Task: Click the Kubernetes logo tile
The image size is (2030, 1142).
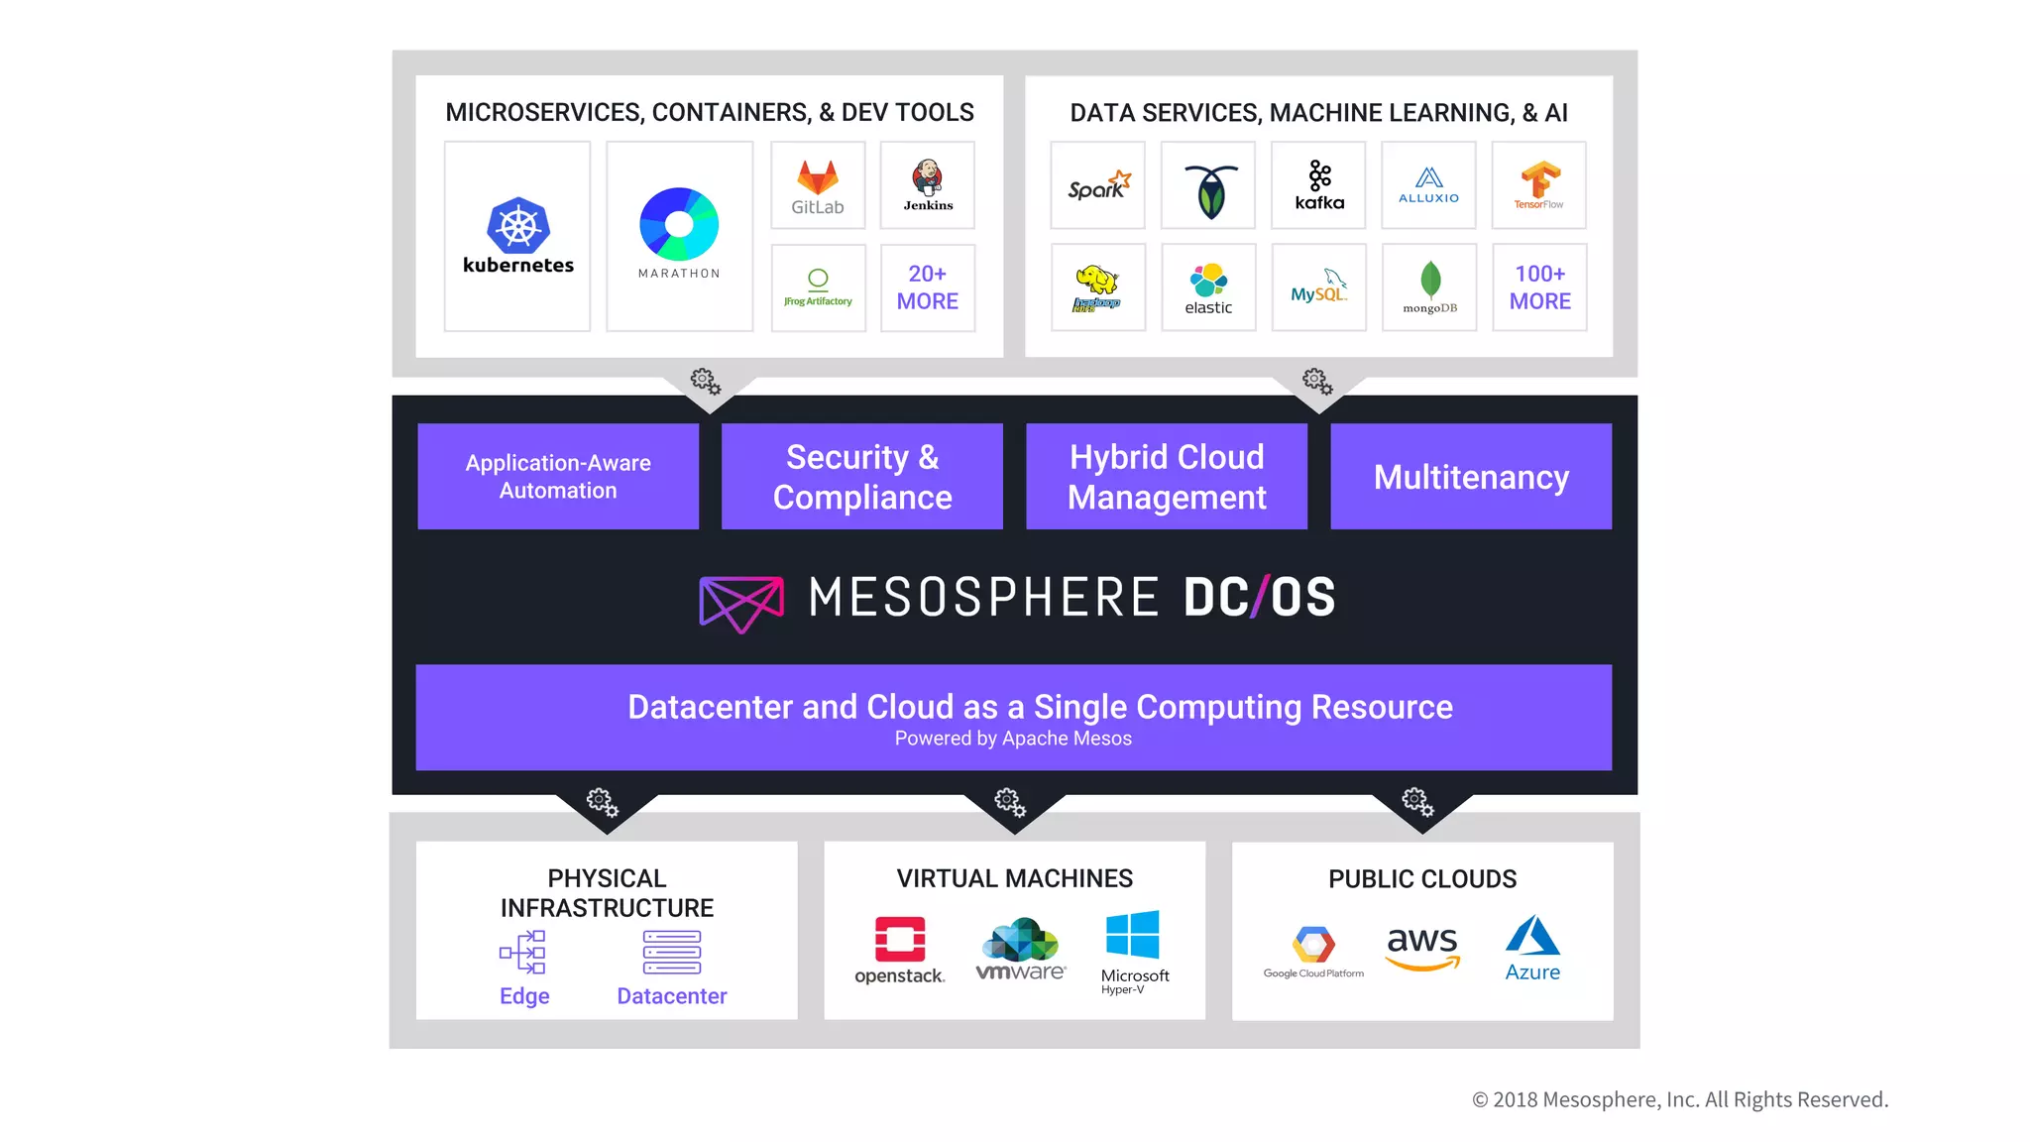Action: pos(517,236)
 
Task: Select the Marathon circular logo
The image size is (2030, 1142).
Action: pos(679,224)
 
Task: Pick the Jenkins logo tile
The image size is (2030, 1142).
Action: pos(928,185)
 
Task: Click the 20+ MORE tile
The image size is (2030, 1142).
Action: pos(928,287)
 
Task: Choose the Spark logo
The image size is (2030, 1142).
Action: pos(1098,185)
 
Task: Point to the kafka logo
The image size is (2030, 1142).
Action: pos(1319,185)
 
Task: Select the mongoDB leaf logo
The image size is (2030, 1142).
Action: pos(1429,282)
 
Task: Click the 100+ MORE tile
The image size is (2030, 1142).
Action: pos(1539,287)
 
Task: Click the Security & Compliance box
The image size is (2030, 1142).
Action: pos(862,477)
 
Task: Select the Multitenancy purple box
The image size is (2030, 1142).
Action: pos(1471,477)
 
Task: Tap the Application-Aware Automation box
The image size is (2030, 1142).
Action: pos(558,477)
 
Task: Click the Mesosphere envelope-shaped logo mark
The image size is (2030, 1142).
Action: pos(741,602)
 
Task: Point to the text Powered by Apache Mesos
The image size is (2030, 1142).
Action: pos(1013,739)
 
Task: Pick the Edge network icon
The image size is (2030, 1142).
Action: pos(523,953)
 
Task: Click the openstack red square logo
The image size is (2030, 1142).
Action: pos(900,939)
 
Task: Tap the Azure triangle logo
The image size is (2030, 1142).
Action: pos(1532,936)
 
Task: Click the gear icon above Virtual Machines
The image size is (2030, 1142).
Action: pos(1010,801)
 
